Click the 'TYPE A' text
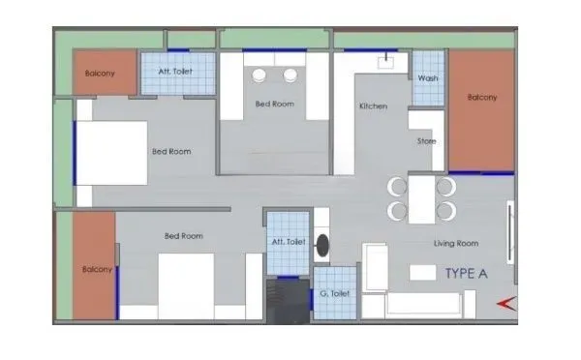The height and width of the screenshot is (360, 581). [465, 273]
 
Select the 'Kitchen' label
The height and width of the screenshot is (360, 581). [373, 106]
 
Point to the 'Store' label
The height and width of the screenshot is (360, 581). [426, 141]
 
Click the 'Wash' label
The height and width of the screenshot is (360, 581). [428, 78]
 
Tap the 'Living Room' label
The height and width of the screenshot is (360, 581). [455, 243]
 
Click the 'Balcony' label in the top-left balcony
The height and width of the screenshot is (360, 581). [102, 74]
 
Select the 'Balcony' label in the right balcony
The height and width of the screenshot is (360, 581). [481, 97]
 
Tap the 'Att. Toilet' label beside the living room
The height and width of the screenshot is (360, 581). [289, 241]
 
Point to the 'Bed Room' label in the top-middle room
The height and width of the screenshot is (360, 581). [274, 104]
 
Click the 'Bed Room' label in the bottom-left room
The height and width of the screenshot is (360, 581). [183, 236]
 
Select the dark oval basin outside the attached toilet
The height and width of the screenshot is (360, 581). [322, 247]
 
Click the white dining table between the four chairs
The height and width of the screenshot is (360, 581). [421, 198]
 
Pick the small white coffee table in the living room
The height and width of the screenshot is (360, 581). [422, 273]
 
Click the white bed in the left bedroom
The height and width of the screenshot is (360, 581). [111, 152]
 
